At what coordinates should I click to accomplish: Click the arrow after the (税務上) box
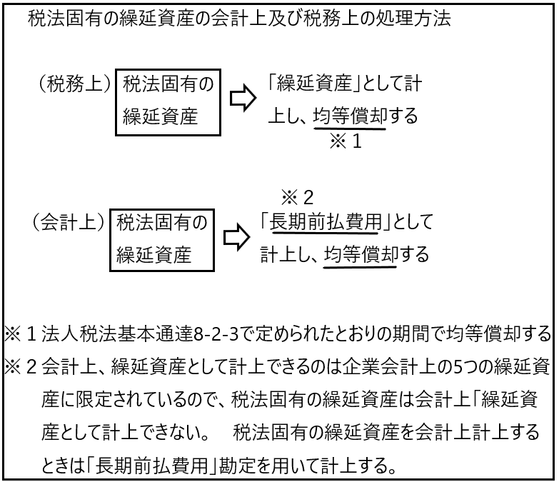click(x=243, y=98)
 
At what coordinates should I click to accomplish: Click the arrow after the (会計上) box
click(x=237, y=238)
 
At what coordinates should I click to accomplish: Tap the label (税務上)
click(x=75, y=84)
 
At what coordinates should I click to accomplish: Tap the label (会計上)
click(x=69, y=222)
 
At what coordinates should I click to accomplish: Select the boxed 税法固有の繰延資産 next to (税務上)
click(x=168, y=102)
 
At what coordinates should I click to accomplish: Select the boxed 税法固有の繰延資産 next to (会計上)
click(x=162, y=241)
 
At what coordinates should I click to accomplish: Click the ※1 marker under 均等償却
click(x=346, y=141)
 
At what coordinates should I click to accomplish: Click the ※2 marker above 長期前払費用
click(x=297, y=198)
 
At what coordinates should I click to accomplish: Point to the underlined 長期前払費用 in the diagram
click(x=325, y=223)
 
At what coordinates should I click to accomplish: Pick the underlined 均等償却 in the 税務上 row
click(x=350, y=116)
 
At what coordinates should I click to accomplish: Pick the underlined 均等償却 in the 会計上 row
click(x=361, y=254)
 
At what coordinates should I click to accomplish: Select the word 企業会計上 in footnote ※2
click(x=389, y=367)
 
